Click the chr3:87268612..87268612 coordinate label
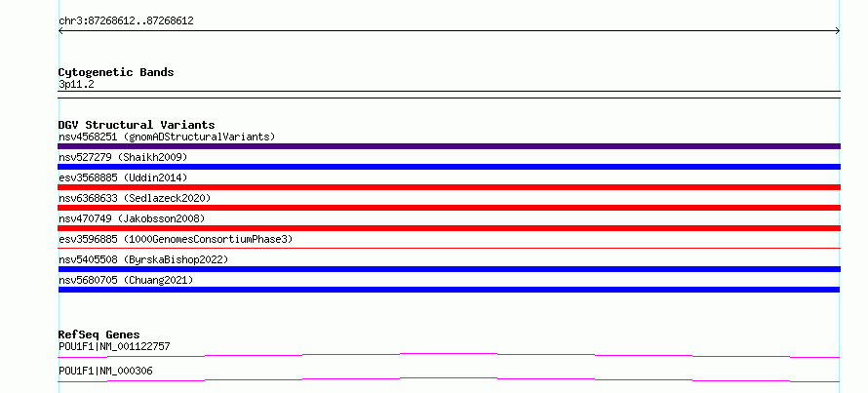click(x=126, y=21)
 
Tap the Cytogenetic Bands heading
click(x=116, y=72)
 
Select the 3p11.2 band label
click(x=76, y=85)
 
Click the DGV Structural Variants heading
click(x=137, y=125)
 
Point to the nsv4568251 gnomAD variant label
click(x=167, y=137)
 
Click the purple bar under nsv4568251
click(x=449, y=146)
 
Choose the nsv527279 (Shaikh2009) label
click(x=123, y=157)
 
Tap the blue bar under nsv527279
click(x=449, y=167)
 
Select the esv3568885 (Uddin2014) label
click(x=123, y=177)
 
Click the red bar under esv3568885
click(x=449, y=187)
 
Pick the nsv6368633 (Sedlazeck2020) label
click(x=135, y=198)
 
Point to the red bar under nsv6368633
click(x=449, y=208)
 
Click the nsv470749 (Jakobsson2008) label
click(x=132, y=218)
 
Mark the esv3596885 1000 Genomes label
click(x=176, y=239)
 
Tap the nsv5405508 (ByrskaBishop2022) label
click(x=143, y=259)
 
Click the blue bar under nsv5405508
click(x=449, y=269)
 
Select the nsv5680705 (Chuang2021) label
click(x=126, y=280)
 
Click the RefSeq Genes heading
click(x=99, y=334)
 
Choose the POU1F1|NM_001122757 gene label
click(x=114, y=346)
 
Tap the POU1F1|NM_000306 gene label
click(x=105, y=371)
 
